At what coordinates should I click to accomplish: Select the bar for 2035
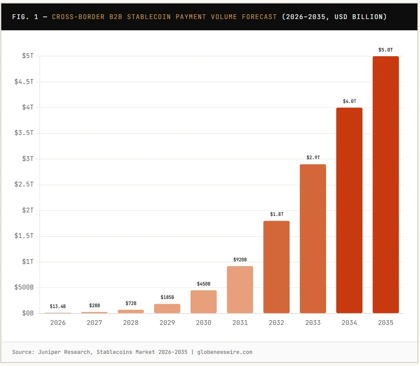385,185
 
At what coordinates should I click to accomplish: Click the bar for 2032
276,267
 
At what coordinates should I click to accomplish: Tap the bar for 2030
204,302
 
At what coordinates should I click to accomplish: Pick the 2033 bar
313,239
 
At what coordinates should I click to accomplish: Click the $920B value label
240,260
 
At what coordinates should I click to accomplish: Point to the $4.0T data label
349,101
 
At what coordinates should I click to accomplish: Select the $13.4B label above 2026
58,306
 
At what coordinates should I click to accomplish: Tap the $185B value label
167,297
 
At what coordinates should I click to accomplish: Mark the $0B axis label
27,313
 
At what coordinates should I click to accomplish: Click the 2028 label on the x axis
131,323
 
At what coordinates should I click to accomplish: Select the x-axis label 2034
349,323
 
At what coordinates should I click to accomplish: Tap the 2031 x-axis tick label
240,323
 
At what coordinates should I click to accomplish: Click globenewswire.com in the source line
225,352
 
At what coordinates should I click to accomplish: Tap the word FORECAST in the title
258,17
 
